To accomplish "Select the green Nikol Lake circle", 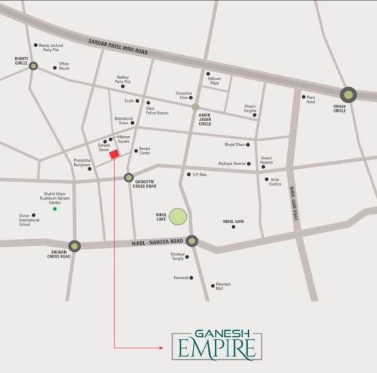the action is pyautogui.click(x=178, y=217).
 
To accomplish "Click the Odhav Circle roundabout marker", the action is pyautogui.click(x=348, y=94).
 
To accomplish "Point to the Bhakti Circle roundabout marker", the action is pyautogui.click(x=33, y=65).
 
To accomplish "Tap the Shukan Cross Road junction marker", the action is pyautogui.click(x=75, y=246).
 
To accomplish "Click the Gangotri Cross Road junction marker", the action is pyautogui.click(x=129, y=178).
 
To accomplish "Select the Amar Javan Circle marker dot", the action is pyautogui.click(x=195, y=107).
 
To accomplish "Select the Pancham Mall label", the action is pyautogui.click(x=223, y=286).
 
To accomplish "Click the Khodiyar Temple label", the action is pyautogui.click(x=178, y=256).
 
